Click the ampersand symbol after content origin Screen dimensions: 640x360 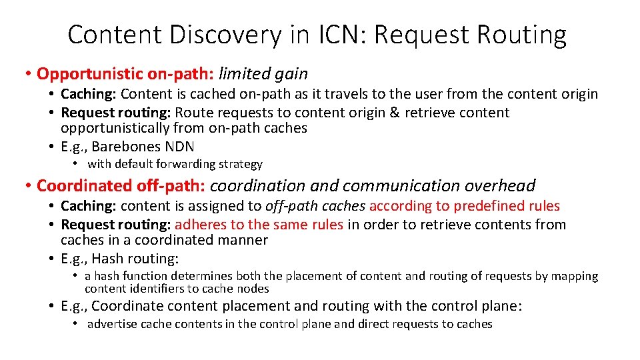point(393,113)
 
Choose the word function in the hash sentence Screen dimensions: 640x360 point(145,276)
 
